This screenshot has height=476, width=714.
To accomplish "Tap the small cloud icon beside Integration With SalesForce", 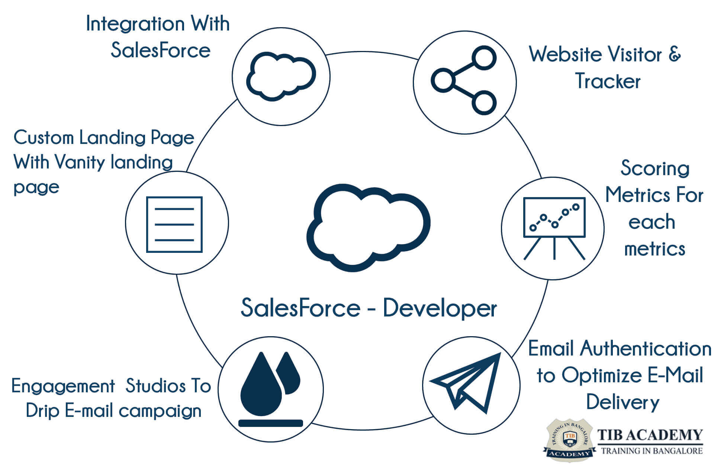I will point(281,76).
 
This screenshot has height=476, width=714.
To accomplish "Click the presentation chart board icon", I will point(554,227).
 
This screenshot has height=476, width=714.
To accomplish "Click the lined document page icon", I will point(174,224).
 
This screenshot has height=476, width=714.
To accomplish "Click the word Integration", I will point(135,24).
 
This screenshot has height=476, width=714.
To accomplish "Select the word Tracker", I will point(608,81).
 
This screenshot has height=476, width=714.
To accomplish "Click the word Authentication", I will point(646,349).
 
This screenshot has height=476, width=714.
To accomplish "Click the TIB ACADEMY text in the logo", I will point(650,435).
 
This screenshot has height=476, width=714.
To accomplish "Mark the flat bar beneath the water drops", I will point(270,423).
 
